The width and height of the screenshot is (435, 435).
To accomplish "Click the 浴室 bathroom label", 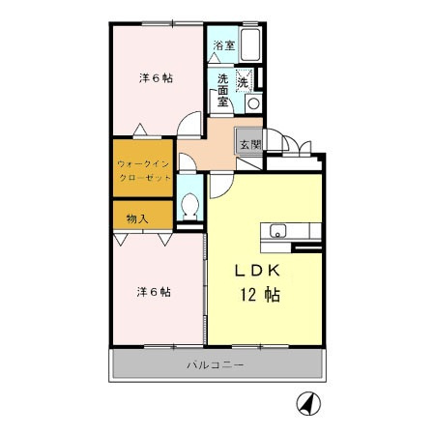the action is (x=224, y=45).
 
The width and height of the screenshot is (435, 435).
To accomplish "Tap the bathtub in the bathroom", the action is (x=250, y=44).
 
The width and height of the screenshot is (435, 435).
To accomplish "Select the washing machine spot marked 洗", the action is (x=243, y=82).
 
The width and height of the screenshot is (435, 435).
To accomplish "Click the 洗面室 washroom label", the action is (x=222, y=90).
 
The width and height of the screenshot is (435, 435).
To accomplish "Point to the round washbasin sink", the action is (x=253, y=103).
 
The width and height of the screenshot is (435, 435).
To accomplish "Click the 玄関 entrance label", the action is (x=250, y=145).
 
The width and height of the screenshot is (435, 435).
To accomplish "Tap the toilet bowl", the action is (x=189, y=206).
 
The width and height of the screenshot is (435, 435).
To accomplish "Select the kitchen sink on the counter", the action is (x=277, y=231).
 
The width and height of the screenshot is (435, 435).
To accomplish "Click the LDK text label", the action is (x=257, y=271).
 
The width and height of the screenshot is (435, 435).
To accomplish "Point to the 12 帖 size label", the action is (x=260, y=295).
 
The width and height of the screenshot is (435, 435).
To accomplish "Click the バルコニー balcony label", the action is (x=216, y=365).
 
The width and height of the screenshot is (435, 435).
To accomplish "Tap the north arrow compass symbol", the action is (x=308, y=403).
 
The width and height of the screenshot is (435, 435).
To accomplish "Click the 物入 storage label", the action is (x=137, y=218).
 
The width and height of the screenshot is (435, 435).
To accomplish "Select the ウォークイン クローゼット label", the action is (x=144, y=171).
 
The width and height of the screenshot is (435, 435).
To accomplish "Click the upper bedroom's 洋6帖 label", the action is (x=156, y=78).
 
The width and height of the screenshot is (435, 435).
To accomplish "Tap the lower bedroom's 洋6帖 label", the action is (x=154, y=292).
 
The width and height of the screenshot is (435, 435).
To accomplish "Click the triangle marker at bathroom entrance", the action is (x=214, y=58).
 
